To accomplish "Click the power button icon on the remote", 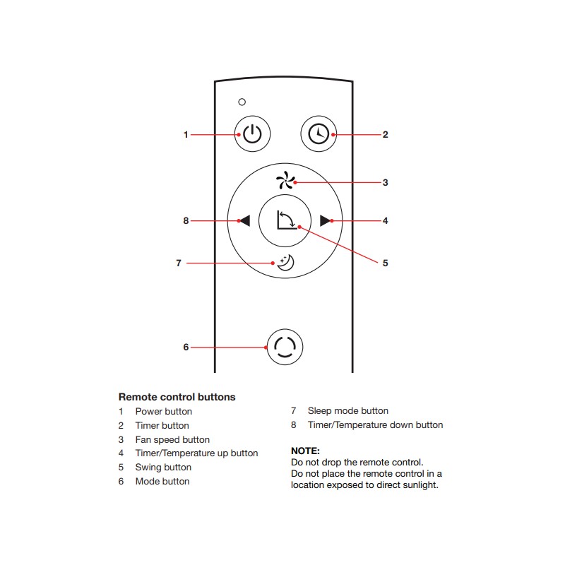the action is click(252, 133).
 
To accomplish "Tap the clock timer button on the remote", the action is click(319, 133).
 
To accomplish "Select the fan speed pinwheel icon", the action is click(285, 180).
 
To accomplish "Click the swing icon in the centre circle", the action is click(287, 220).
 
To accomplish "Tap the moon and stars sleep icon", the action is click(286, 263).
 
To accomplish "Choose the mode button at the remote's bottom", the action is click(285, 347).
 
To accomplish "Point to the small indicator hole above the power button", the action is click(242, 102).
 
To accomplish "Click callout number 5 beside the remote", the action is click(385, 263).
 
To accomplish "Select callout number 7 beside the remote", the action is click(179, 263).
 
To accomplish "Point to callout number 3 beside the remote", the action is click(385, 182).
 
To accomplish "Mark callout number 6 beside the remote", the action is click(186, 347).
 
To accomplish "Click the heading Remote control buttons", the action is click(177, 397).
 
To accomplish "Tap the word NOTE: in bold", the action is click(305, 451).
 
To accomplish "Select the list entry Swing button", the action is click(163, 468).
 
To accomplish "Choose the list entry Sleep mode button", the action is click(348, 411).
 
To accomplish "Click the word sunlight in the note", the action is click(420, 485).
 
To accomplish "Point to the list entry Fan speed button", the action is click(172, 439).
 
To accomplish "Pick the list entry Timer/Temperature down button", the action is click(376, 425).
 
